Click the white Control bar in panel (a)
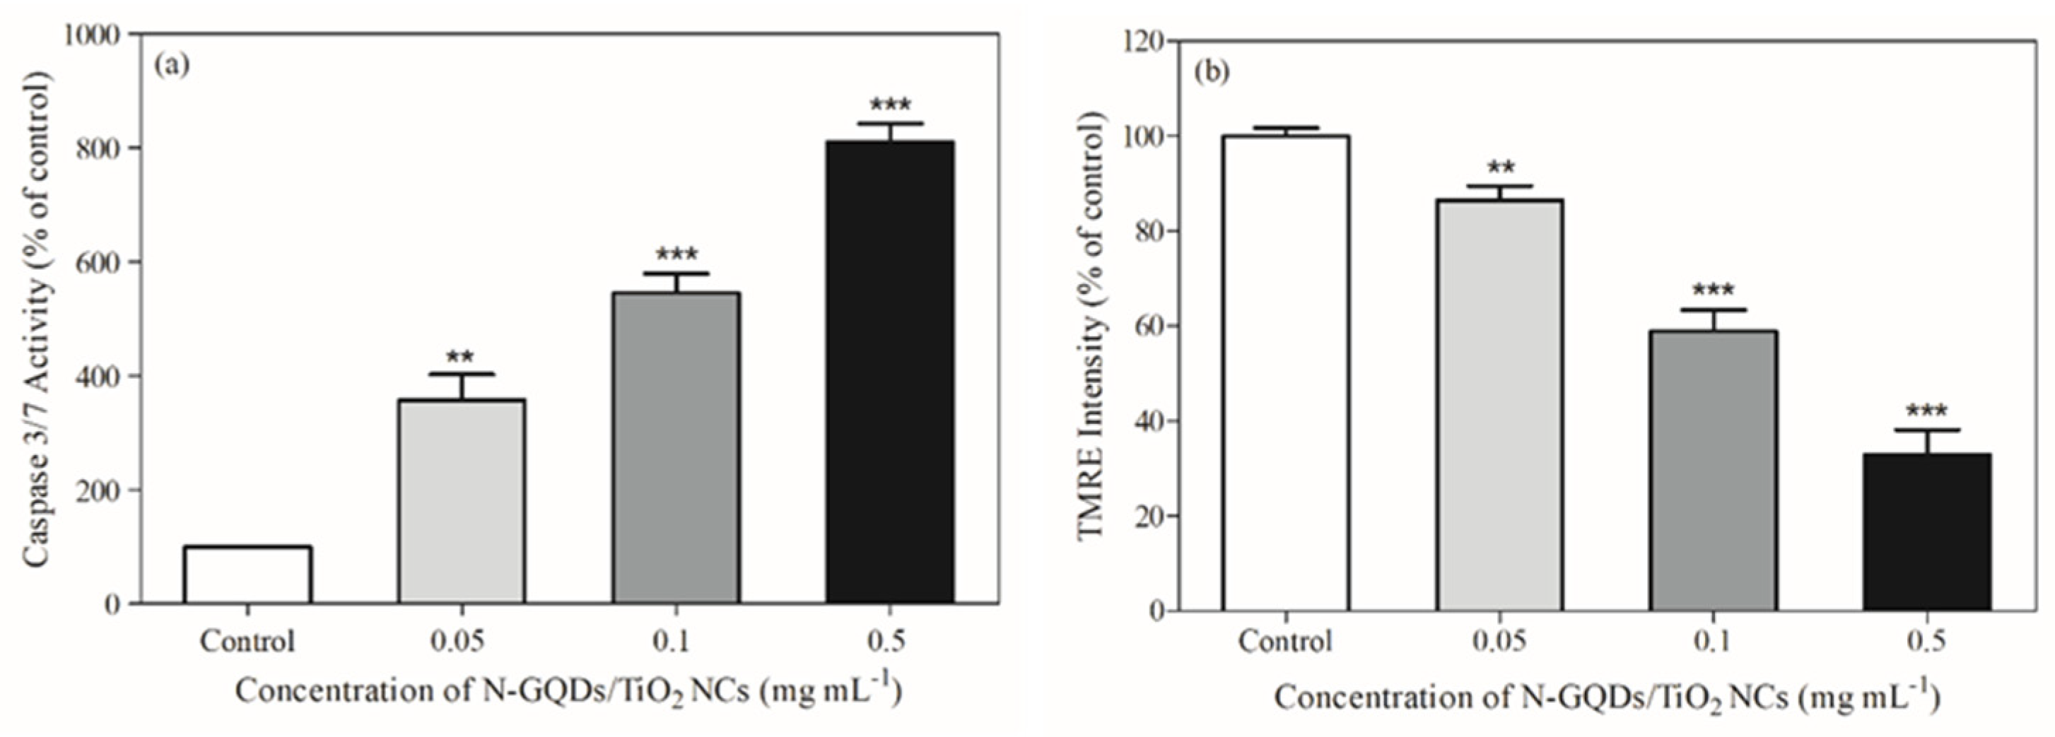click(x=247, y=574)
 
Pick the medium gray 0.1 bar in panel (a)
click(x=676, y=447)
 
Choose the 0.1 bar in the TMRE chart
click(x=1713, y=471)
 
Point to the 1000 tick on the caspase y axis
click(x=93, y=35)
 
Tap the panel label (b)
click(x=1212, y=72)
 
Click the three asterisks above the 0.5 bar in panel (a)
click(x=890, y=105)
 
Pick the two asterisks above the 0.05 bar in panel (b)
click(x=1501, y=168)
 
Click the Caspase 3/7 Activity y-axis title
click(x=37, y=319)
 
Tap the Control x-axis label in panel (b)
click(x=1285, y=642)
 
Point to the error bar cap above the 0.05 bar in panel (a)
click(x=461, y=373)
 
